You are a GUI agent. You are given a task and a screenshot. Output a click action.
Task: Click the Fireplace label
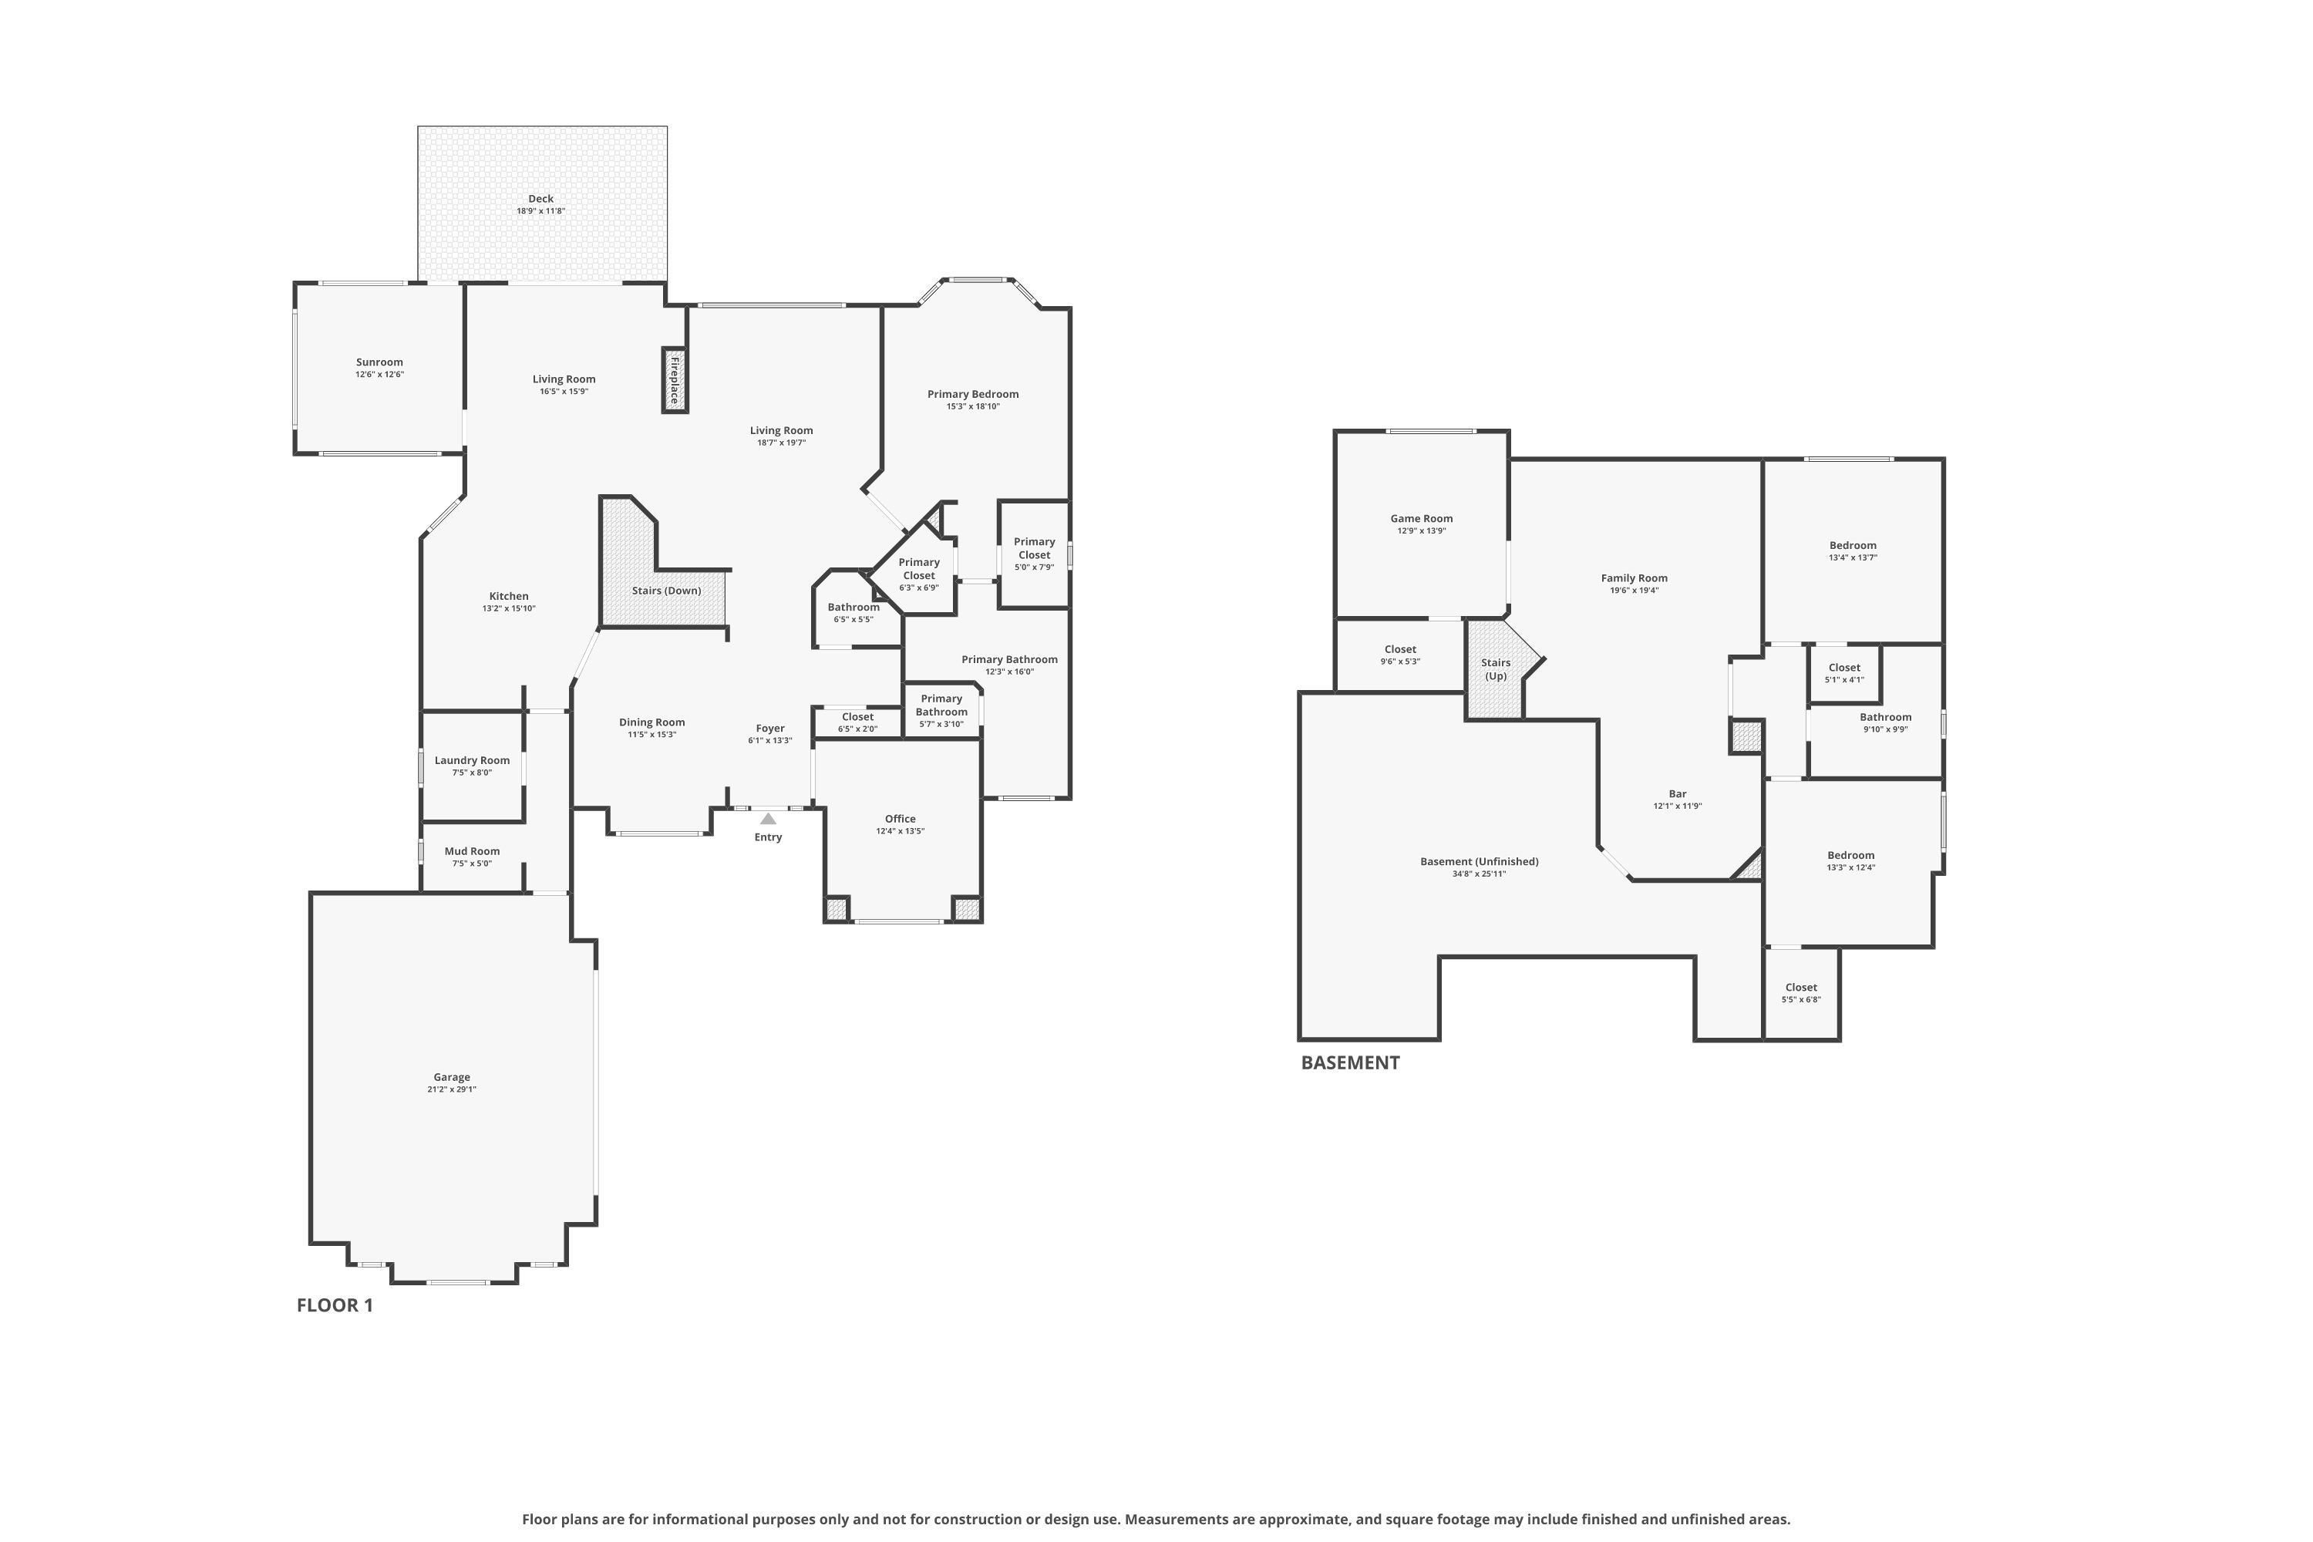click(x=675, y=381)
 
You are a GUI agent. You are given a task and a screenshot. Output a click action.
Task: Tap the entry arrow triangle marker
click(x=768, y=818)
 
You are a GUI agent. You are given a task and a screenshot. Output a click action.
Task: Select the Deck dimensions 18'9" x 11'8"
click(x=541, y=211)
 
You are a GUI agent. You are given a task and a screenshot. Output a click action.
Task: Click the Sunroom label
click(x=379, y=362)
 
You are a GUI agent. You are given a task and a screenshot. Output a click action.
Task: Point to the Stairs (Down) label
click(x=667, y=591)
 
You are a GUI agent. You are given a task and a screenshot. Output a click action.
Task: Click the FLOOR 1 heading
click(x=335, y=1305)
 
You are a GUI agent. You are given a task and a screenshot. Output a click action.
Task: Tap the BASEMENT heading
click(x=1350, y=1062)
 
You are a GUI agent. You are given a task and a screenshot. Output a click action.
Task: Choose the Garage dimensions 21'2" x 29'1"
click(x=453, y=1089)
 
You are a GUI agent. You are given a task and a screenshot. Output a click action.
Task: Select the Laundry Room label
click(x=472, y=760)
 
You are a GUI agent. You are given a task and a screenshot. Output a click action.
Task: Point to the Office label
click(x=901, y=819)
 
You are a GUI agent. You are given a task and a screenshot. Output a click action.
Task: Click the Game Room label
click(x=1422, y=518)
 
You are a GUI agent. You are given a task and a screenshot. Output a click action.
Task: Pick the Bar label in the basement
click(x=1678, y=793)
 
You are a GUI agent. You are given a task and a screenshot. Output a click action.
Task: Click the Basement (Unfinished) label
click(x=1480, y=861)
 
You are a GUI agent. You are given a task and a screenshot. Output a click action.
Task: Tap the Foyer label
click(x=770, y=729)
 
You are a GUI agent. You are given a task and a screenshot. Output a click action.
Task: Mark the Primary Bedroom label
click(x=974, y=394)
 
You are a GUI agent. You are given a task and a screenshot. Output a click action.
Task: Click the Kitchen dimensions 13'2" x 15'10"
click(x=510, y=609)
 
